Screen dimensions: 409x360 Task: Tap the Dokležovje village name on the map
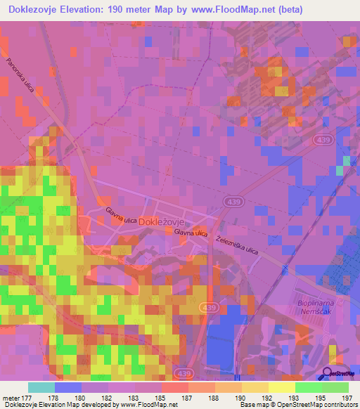pos(163,221)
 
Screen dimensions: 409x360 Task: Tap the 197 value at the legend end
pos(347,398)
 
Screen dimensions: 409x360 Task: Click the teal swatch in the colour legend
pos(41,387)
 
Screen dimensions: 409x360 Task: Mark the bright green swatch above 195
pos(308,387)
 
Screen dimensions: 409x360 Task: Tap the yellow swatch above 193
pos(281,387)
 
